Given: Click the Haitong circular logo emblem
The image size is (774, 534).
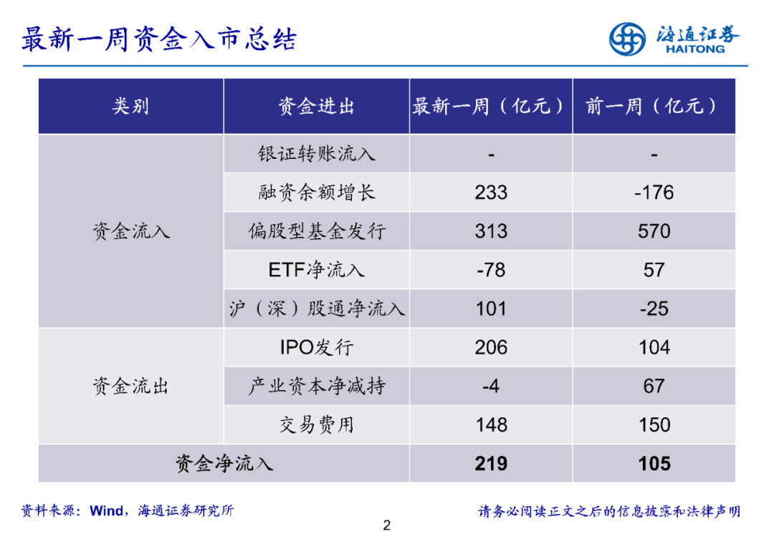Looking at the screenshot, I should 627,39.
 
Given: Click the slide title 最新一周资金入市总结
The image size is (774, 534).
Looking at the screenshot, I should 158,39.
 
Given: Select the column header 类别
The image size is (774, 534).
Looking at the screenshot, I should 130,107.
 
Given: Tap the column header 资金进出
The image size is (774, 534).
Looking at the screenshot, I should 316,107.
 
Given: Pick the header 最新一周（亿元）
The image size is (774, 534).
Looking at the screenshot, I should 491,107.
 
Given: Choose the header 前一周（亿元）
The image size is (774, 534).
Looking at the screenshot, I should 654,107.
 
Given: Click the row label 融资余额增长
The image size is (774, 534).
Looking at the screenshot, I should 316,193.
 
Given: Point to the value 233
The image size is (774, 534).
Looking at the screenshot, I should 491,193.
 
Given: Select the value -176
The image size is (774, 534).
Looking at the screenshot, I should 654,193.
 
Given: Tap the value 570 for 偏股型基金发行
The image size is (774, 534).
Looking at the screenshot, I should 654,231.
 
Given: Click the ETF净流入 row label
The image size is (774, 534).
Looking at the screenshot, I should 316,270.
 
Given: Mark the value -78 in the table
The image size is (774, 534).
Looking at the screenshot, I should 491,270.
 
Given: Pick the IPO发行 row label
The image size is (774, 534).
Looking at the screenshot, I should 316,348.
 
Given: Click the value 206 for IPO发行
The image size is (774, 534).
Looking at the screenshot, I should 491,348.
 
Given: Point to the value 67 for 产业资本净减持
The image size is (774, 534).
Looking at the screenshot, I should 654,387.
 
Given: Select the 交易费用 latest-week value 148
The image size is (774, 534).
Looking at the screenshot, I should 491,425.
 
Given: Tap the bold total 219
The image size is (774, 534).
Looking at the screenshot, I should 491,464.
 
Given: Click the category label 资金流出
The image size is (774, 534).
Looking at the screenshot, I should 130,387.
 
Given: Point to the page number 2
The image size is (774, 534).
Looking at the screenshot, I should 387,526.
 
